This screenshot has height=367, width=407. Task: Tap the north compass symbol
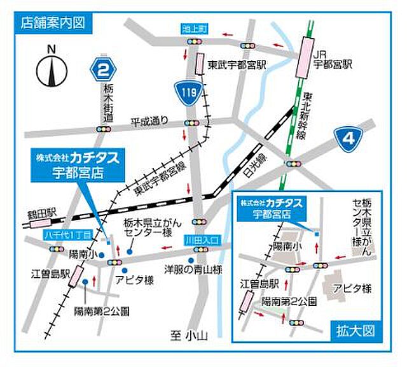click(x=52, y=68)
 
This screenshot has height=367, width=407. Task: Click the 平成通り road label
click(x=150, y=120)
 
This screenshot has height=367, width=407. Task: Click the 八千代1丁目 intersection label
click(x=68, y=235)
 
